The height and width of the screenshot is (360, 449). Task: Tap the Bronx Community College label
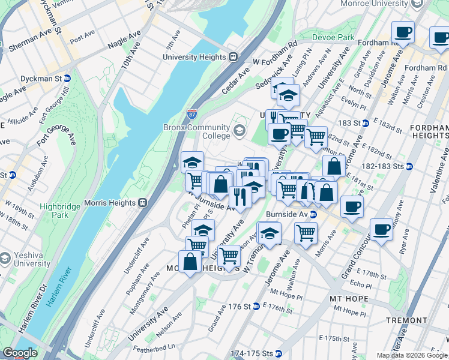coord(196,131)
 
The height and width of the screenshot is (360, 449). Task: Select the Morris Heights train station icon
coord(143,203)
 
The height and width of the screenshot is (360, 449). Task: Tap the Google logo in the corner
coord(20,353)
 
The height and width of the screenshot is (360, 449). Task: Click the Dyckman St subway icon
coord(67,79)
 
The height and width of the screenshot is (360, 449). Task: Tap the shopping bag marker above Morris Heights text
coord(190,262)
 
